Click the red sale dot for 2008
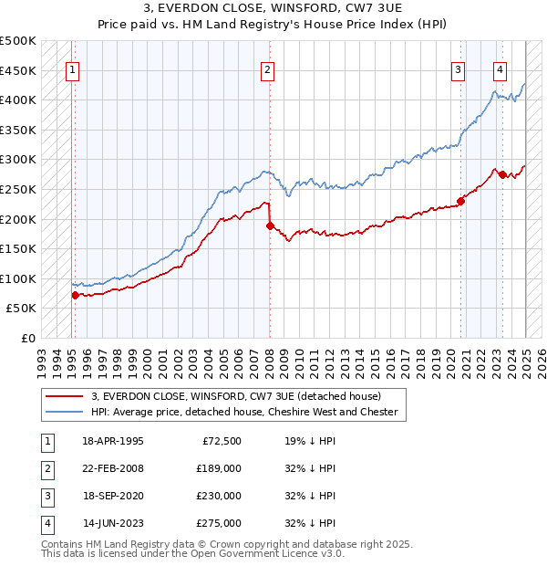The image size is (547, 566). click(x=270, y=225)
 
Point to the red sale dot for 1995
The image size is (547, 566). click(x=75, y=294)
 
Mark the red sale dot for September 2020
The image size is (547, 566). click(x=461, y=201)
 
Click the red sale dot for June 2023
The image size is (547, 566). click(x=502, y=173)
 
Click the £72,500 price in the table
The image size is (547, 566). click(x=219, y=441)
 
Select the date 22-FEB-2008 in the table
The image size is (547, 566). click(x=112, y=468)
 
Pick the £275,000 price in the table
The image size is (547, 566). click(x=219, y=523)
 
